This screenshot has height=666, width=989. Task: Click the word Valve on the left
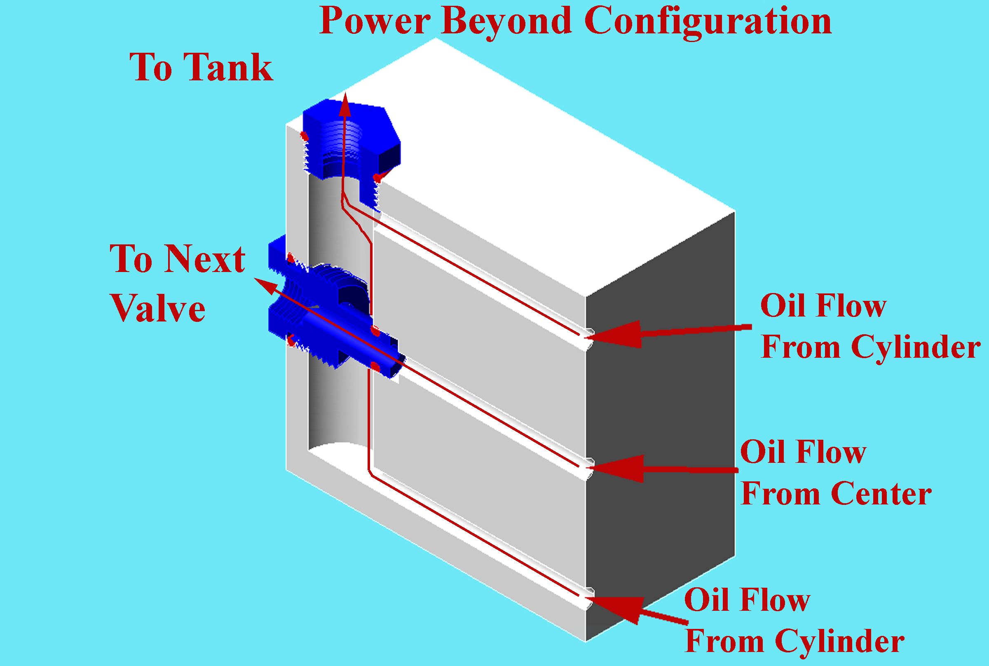157,308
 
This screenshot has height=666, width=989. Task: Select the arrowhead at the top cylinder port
616,334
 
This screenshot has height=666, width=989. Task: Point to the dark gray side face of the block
660,425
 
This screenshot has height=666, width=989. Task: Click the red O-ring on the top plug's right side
377,178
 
